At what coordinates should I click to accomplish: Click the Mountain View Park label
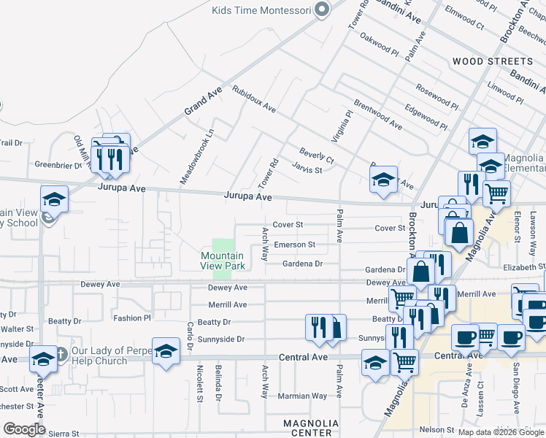[222, 261]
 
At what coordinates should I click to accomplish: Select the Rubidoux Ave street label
[254, 99]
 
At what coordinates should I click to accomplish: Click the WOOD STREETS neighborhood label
[492, 61]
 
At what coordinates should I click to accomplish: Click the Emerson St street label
[294, 245]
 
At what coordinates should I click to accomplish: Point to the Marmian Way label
[303, 396]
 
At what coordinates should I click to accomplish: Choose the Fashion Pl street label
[132, 318]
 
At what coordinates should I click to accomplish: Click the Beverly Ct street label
[316, 155]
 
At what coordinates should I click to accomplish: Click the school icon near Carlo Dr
[166, 350]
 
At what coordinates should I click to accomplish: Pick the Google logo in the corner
[24, 429]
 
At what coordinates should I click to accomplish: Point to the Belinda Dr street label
[218, 385]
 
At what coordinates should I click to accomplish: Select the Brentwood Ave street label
[377, 115]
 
